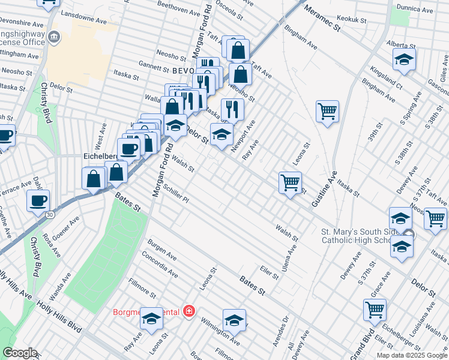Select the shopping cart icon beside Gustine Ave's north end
point(327,110)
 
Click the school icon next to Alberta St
point(405,59)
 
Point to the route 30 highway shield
point(49,214)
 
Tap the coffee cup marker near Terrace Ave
point(38,200)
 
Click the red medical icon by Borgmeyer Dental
point(189,311)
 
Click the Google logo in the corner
point(19,353)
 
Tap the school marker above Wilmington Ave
point(234,320)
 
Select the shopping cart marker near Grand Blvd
point(375,310)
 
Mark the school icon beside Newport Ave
point(221,134)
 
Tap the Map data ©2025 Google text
point(411,355)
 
